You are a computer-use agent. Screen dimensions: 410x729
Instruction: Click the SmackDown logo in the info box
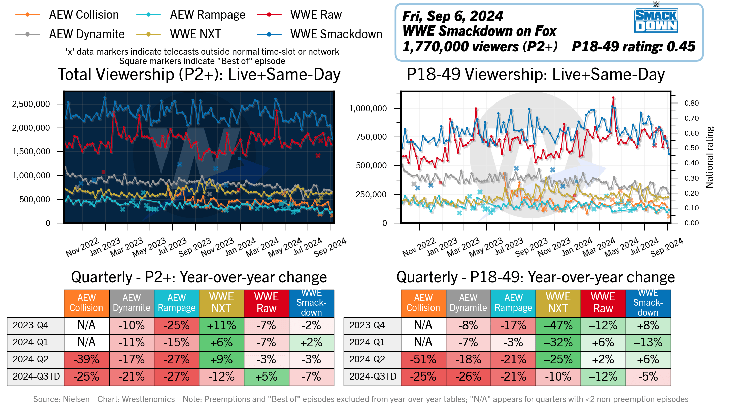coord(656,20)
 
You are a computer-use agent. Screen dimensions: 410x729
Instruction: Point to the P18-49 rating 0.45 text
coord(633,47)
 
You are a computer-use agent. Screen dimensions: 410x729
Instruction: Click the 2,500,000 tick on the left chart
coord(31,104)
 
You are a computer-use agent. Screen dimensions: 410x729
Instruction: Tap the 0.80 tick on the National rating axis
coord(691,103)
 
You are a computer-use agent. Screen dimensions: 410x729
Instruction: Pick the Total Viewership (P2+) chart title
coord(199,74)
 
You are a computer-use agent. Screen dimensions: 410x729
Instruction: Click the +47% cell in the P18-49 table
coord(558,325)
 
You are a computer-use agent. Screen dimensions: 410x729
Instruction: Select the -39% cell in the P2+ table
coord(86,359)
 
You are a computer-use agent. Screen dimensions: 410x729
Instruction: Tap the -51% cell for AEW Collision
coord(423,359)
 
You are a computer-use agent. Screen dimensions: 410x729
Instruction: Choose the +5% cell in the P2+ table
coord(266,377)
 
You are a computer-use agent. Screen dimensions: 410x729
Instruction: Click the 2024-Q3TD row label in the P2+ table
coord(36,377)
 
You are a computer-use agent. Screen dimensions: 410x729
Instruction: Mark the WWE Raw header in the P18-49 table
coord(603,303)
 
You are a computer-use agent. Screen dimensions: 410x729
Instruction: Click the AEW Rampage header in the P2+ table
coord(177,303)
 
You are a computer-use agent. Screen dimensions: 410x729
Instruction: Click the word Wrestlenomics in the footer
coord(148,399)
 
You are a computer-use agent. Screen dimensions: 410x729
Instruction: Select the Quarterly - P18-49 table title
coord(535,277)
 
